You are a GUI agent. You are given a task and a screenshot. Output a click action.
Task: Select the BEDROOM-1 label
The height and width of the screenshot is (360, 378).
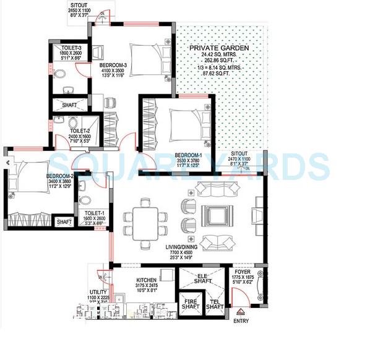(x=189, y=155)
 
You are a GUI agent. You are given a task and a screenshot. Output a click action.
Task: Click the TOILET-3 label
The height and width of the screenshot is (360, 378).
(x=63, y=47)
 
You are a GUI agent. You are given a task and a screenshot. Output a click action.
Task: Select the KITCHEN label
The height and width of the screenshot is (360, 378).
(x=149, y=280)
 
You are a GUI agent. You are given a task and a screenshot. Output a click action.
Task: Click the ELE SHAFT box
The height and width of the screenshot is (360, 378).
(x=201, y=280)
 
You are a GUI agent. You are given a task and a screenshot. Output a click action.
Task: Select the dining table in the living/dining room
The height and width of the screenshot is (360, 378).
(x=145, y=221)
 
